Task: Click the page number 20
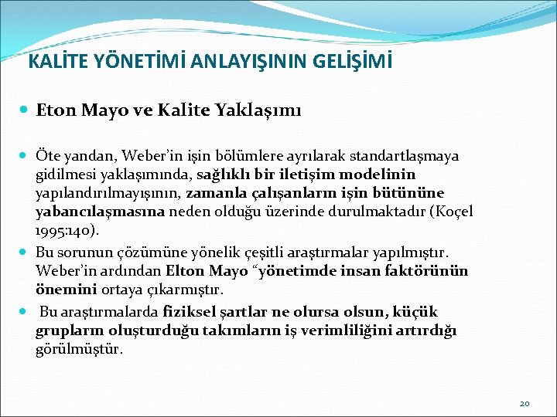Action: (x=525, y=403)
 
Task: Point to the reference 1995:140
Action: (x=66, y=231)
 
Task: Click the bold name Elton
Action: (x=186, y=271)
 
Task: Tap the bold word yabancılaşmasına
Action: (x=101, y=212)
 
